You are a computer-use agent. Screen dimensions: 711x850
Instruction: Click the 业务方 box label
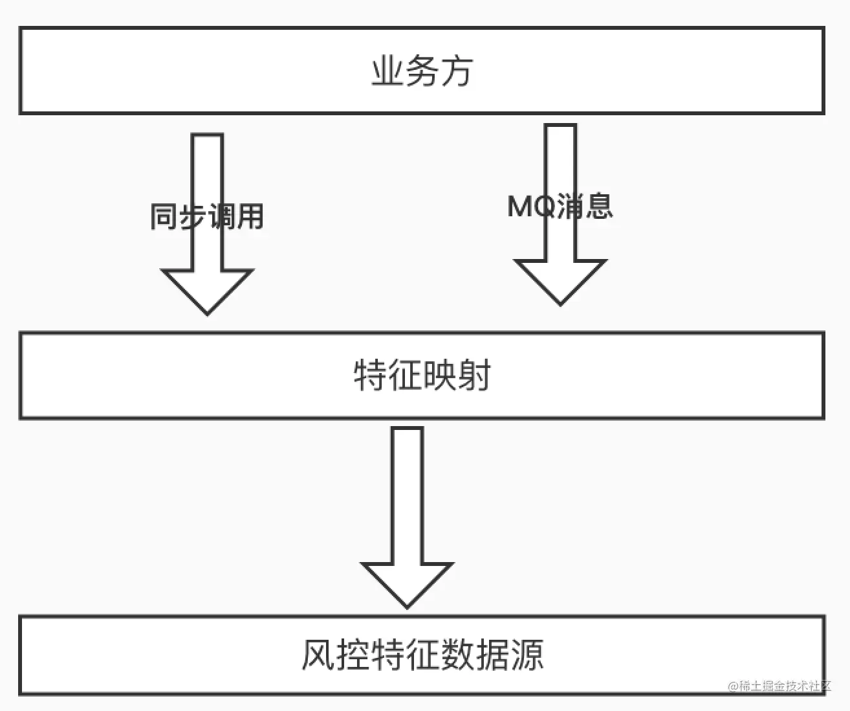(422, 71)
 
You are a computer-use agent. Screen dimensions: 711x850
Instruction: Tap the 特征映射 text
(422, 375)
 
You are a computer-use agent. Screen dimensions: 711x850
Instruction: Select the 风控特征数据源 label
(422, 655)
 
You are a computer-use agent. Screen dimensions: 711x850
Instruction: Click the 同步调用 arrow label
(207, 216)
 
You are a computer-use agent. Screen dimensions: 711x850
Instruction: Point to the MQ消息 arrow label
(560, 206)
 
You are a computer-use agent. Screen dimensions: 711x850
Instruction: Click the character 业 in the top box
(387, 71)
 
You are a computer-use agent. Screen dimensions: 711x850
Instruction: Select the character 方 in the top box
(456, 71)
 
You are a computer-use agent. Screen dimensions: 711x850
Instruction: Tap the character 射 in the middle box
(474, 375)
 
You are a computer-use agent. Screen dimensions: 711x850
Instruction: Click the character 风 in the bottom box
(319, 655)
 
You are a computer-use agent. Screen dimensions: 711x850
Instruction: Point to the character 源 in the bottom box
(526, 655)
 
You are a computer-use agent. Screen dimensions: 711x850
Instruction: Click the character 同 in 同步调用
(164, 216)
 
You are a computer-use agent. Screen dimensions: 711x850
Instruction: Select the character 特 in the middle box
(370, 375)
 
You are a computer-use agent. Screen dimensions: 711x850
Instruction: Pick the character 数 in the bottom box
(457, 655)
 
